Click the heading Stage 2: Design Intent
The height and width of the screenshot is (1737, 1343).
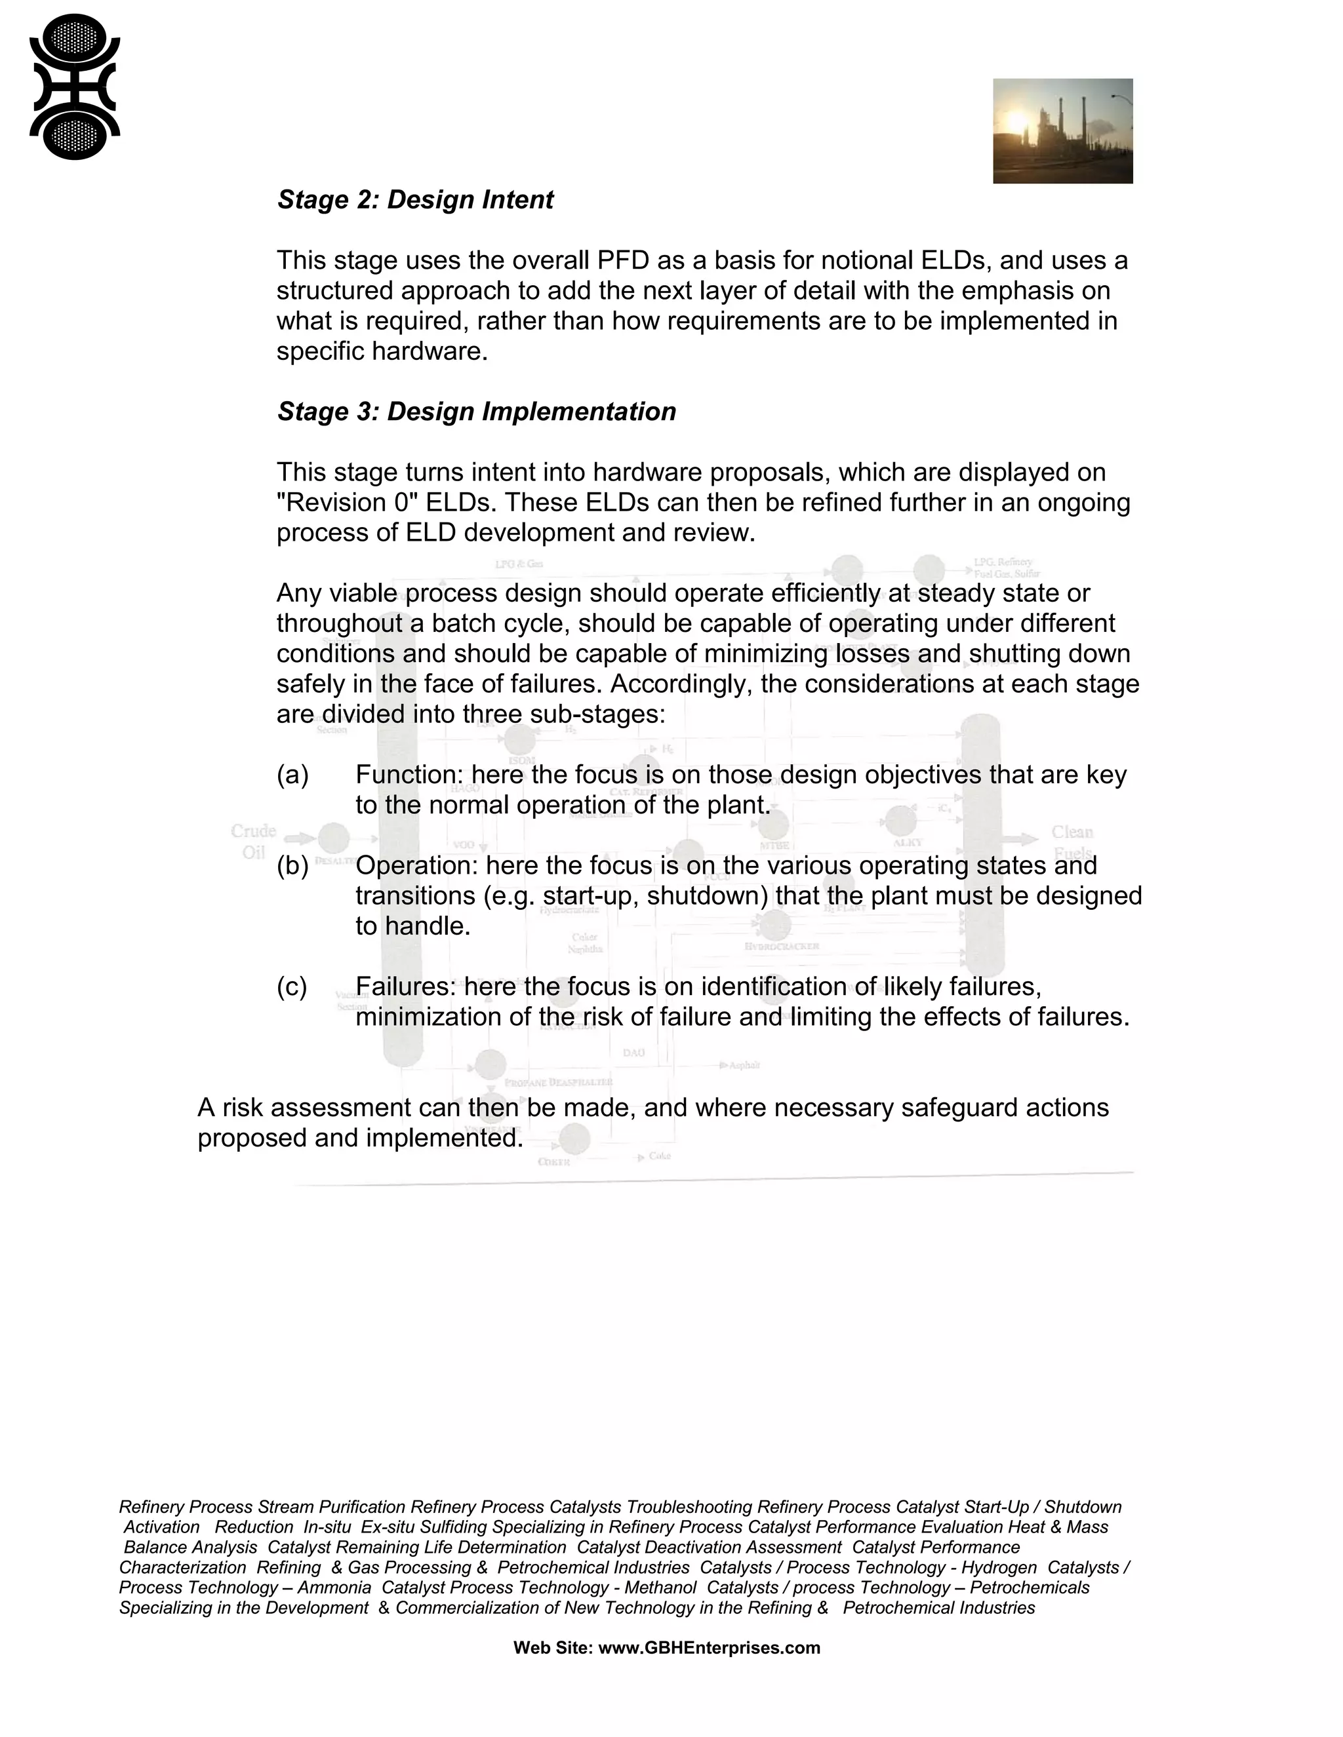pyautogui.click(x=414, y=200)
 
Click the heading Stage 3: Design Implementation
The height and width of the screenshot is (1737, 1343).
pyautogui.click(x=476, y=412)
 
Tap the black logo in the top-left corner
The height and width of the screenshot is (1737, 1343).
pyautogui.click(x=75, y=87)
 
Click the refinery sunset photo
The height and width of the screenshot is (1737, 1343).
pyautogui.click(x=1062, y=131)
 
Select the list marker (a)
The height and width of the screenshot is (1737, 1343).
pyautogui.click(x=292, y=775)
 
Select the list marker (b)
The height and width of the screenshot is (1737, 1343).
pyautogui.click(x=292, y=865)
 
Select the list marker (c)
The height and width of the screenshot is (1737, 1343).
pyautogui.click(x=292, y=987)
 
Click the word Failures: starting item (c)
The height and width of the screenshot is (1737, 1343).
pyautogui.click(x=406, y=987)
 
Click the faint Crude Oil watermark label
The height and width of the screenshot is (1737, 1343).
pyautogui.click(x=253, y=842)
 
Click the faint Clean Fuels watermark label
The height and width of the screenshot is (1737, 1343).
pyautogui.click(x=1072, y=842)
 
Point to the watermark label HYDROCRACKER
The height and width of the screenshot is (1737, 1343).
pyautogui.click(x=781, y=947)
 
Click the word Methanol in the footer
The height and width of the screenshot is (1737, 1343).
pyautogui.click(x=660, y=1588)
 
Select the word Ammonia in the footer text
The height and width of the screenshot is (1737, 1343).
pyautogui.click(x=334, y=1588)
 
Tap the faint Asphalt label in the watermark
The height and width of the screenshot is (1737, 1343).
pyautogui.click(x=744, y=1065)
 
